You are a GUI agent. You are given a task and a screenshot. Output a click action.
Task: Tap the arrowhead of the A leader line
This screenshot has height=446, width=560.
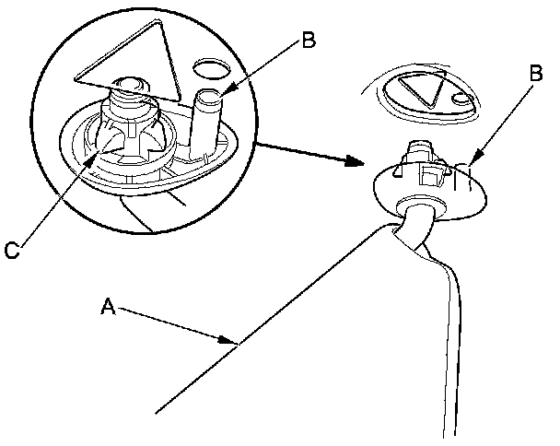(234, 342)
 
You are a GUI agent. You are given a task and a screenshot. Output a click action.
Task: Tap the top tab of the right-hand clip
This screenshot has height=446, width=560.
(419, 147)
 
